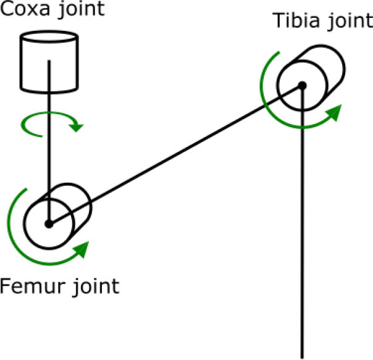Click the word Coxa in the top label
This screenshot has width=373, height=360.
point(24,10)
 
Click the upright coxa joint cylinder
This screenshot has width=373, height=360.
point(49,62)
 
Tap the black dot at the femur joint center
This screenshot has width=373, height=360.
point(49,224)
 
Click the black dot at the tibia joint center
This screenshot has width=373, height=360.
point(302,85)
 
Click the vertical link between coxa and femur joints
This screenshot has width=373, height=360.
point(49,154)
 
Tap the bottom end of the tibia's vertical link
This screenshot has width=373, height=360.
point(303,355)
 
